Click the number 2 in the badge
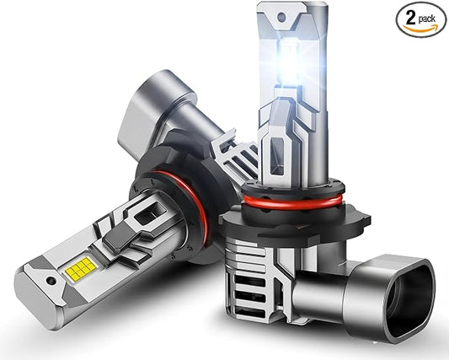pyautogui.click(x=410, y=18)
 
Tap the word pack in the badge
pyautogui.click(x=427, y=19)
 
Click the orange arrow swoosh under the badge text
pyautogui.click(x=420, y=29)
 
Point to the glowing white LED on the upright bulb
pyautogui.click(x=289, y=61)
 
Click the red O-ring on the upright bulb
pyautogui.click(x=292, y=201)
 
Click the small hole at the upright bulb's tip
pyautogui.click(x=281, y=18)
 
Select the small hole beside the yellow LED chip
pyautogui.click(x=51, y=281)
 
